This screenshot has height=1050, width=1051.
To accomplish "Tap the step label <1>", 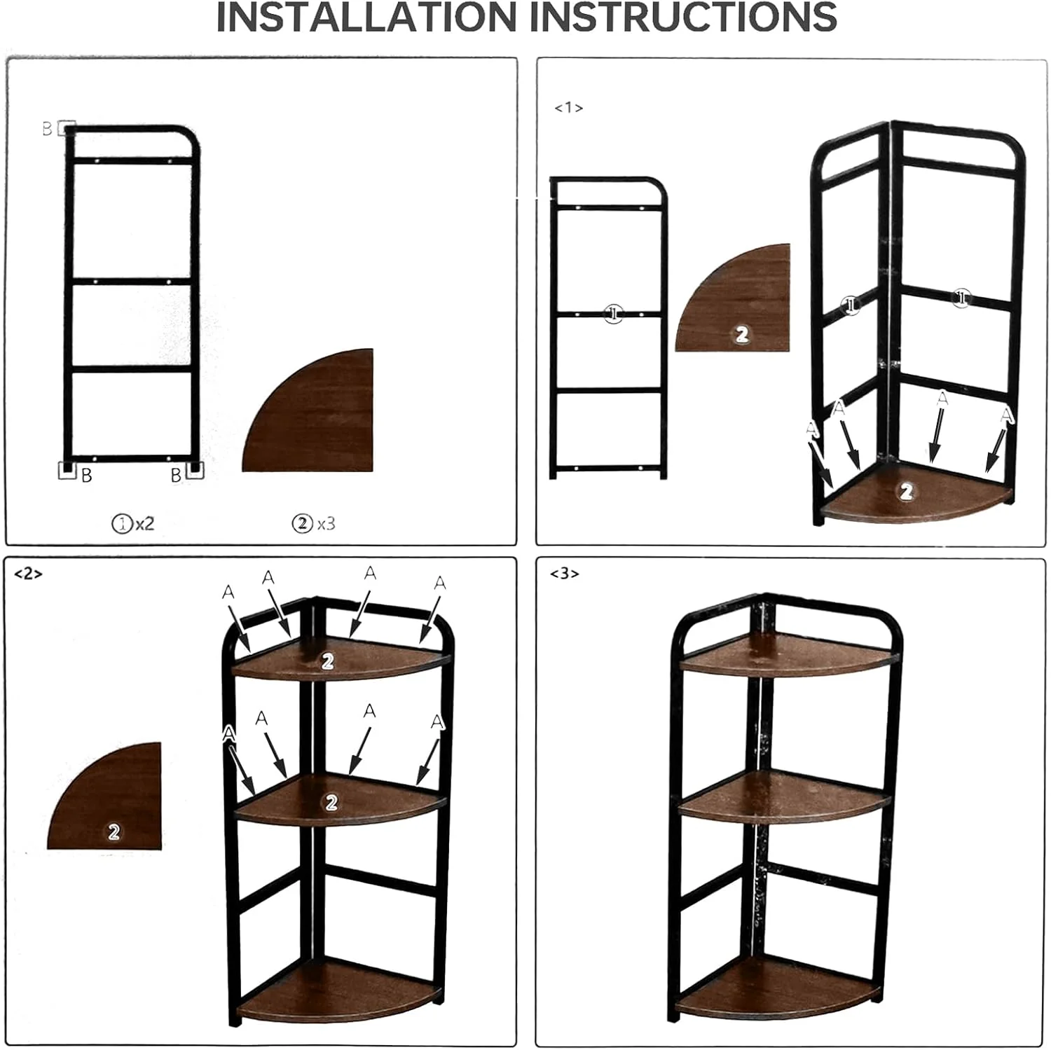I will pos(568,108).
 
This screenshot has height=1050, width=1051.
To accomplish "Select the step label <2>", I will pos(28,574).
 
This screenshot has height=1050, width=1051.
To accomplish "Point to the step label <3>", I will pos(564,574).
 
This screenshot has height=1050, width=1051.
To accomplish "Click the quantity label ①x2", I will pos(133,523).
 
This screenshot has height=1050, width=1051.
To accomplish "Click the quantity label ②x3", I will pos(313,523).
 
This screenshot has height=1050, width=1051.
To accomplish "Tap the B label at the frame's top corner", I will pos(47,129).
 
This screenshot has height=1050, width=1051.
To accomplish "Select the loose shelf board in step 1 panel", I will pos(743,308).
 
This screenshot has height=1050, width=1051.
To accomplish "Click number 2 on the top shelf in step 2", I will pos(327,661).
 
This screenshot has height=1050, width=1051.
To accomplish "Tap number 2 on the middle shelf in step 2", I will pos(331,803).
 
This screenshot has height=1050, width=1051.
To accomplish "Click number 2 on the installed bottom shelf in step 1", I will pos(906,492).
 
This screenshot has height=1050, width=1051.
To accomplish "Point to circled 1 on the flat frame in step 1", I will pos(613,314).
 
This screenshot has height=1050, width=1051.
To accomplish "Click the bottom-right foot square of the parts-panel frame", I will pos(194,469).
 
